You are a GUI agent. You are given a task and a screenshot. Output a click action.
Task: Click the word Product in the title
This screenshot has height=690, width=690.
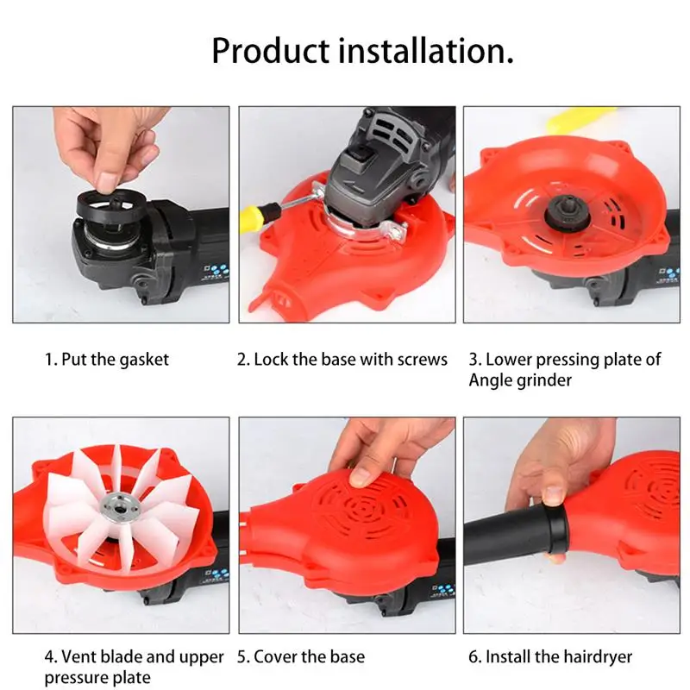point(271,51)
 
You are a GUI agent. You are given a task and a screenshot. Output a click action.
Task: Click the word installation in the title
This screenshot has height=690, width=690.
point(425,51)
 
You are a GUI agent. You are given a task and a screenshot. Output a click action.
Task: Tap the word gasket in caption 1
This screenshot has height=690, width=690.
point(144,361)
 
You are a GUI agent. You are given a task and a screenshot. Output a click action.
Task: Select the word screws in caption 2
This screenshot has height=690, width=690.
point(423,360)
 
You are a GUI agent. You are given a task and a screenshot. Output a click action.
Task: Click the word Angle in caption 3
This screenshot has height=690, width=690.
point(490,380)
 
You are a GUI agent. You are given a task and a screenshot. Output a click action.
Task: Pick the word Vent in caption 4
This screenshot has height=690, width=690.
point(79,657)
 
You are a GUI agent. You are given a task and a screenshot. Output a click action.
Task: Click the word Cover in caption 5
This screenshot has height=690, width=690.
point(275,657)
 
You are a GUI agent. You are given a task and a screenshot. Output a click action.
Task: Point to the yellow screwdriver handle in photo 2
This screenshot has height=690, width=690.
point(259,215)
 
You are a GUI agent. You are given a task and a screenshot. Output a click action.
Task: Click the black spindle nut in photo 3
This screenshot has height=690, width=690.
point(564,212)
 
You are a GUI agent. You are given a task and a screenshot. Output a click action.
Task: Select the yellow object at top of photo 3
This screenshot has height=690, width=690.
point(580,119)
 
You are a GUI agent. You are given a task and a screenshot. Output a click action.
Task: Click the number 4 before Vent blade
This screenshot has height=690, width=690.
point(49,657)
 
